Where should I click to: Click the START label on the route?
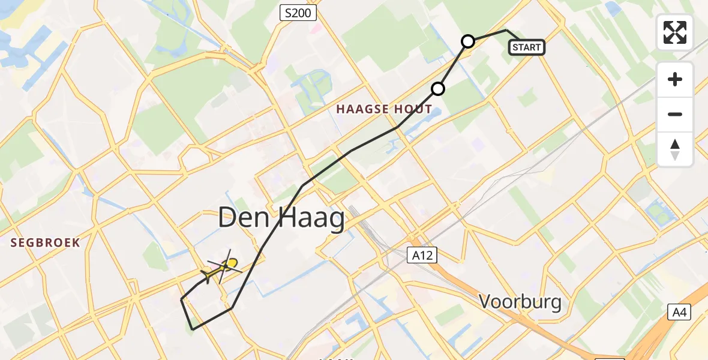(527, 47)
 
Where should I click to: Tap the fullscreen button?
(675, 32)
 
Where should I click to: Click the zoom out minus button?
(675, 114)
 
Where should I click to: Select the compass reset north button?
(675, 149)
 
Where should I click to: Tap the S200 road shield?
(298, 13)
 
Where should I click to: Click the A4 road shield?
(680, 312)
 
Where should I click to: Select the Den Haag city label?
(281, 218)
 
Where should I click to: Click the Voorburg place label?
(520, 302)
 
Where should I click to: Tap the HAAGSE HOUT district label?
(384, 109)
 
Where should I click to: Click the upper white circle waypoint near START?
(468, 41)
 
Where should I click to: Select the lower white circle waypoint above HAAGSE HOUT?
(438, 89)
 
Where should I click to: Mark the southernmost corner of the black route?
(192, 329)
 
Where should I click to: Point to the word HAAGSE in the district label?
(364, 109)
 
